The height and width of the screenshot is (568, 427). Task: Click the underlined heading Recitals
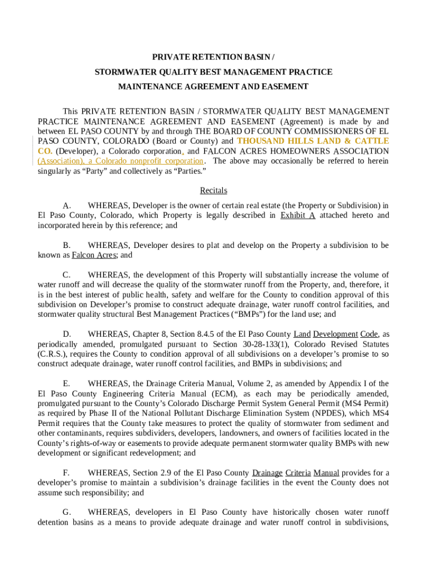coord(213,190)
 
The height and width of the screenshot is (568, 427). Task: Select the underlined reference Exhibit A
coord(298,215)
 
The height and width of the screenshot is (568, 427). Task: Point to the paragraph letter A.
coord(66,205)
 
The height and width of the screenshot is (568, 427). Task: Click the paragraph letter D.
coord(67,334)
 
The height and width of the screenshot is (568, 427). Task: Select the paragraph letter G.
coord(67,512)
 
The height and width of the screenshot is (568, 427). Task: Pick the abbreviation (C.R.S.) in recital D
coord(53,354)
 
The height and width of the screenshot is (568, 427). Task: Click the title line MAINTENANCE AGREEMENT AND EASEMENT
coord(213,87)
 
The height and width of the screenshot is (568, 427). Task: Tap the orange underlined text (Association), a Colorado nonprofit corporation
coord(120,161)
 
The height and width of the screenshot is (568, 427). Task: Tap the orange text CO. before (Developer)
coord(45,151)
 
